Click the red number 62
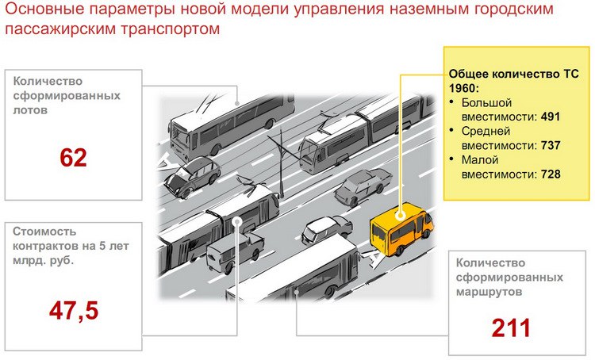73,158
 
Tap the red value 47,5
74,311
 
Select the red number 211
511,328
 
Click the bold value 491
551,117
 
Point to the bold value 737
551,145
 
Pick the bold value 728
551,174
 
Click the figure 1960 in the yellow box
463,88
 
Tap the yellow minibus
401,228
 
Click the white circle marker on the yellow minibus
400,216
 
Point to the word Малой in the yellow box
480,159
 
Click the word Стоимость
44,232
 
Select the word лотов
30,110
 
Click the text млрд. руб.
44,261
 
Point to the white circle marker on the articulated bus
237,221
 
